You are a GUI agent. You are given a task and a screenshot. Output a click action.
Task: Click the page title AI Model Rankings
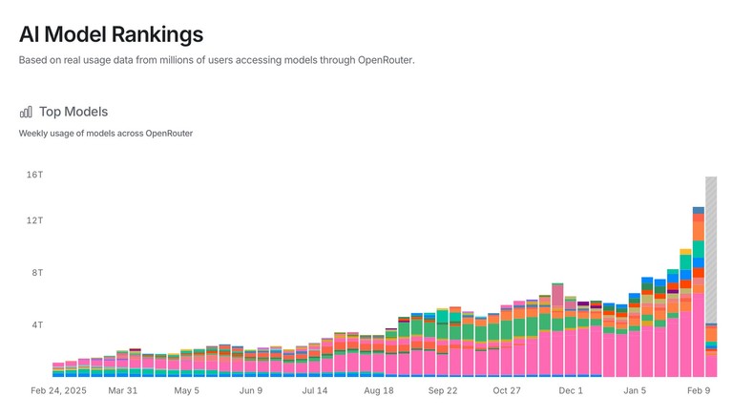[x=111, y=34]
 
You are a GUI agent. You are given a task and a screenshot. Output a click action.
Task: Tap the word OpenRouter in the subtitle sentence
[x=385, y=61]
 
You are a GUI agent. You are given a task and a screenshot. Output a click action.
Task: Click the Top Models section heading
[x=73, y=112]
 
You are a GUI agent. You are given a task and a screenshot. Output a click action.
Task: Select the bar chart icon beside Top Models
[x=26, y=112]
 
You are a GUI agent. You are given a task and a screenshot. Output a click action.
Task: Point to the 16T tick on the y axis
[x=34, y=175]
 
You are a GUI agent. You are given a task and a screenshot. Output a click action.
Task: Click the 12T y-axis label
[x=34, y=220]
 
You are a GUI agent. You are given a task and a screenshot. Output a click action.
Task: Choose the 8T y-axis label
[x=36, y=273]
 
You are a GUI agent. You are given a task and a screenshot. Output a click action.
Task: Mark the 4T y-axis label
[x=36, y=325]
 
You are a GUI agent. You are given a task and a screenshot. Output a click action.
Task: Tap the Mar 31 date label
[x=123, y=390]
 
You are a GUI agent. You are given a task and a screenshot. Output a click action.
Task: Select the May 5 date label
[x=187, y=390]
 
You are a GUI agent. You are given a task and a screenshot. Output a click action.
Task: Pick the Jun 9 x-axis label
[x=251, y=390]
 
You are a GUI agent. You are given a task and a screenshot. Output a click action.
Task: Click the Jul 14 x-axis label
[x=315, y=390]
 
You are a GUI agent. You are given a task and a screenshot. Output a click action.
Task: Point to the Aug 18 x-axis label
[x=378, y=390]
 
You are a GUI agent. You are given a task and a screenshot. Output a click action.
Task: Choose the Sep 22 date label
[x=443, y=390]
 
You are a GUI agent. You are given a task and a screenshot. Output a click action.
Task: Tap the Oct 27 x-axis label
[x=507, y=390]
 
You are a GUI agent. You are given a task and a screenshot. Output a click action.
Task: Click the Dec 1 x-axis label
[x=571, y=390]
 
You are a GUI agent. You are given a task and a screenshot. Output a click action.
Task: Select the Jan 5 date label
[x=635, y=390]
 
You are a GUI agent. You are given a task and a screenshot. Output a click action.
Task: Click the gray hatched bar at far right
[x=711, y=248]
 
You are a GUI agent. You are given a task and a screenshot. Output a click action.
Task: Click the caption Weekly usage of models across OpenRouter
[x=106, y=134]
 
